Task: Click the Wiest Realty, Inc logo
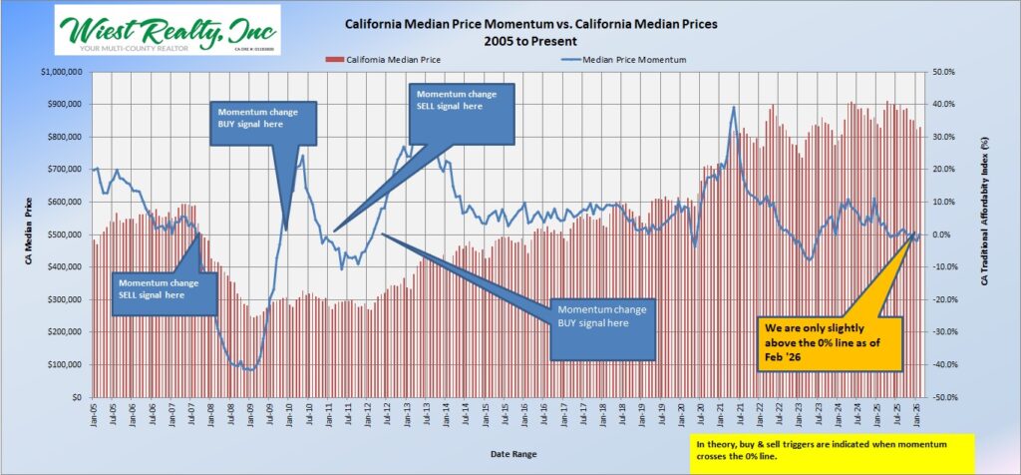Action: click(x=167, y=30)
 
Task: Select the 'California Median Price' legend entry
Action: click(x=373, y=60)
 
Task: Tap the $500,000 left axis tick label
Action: click(x=63, y=235)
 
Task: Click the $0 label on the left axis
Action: click(x=77, y=397)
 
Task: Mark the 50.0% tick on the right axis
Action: click(x=943, y=72)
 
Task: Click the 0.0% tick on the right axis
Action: click(x=944, y=235)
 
